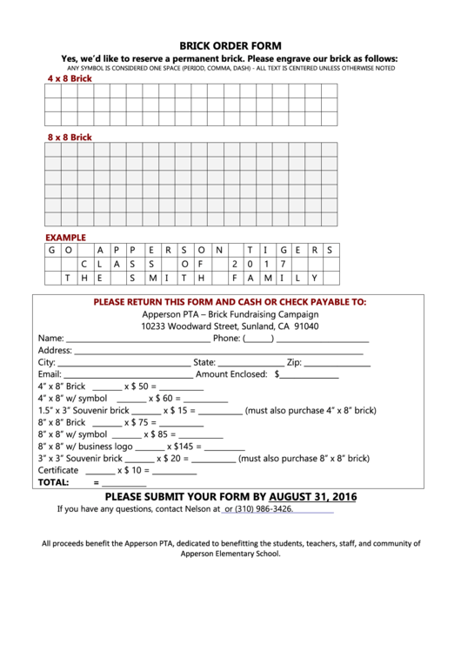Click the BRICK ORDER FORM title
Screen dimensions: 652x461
pos(230,45)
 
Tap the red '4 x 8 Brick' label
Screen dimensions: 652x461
pos(69,78)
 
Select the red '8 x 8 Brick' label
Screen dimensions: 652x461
pos(69,138)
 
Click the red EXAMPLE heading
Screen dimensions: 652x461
pos(65,237)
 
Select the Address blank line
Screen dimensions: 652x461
pos(217,352)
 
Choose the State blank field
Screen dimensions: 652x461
pos(250,363)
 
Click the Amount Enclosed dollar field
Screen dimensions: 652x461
pos(310,375)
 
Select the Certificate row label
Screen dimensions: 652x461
pos(58,470)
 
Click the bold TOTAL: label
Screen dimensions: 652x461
pos(53,482)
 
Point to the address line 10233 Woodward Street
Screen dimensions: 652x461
pos(230,326)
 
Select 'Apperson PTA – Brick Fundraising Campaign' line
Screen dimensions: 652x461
pos(230,314)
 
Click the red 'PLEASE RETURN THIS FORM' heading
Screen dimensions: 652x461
pos(230,302)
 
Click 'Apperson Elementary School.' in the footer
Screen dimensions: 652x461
pos(230,553)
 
